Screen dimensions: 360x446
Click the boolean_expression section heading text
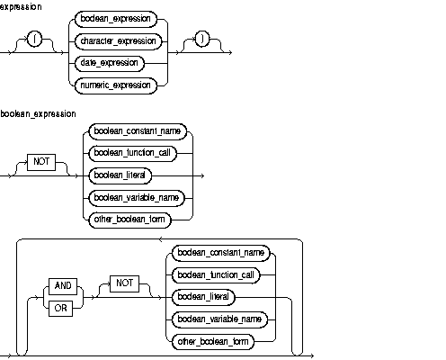(38, 114)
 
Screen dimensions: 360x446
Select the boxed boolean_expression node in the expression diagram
(115, 19)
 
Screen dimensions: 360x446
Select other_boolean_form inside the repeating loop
(212, 342)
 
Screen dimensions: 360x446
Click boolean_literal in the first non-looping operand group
(118, 174)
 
